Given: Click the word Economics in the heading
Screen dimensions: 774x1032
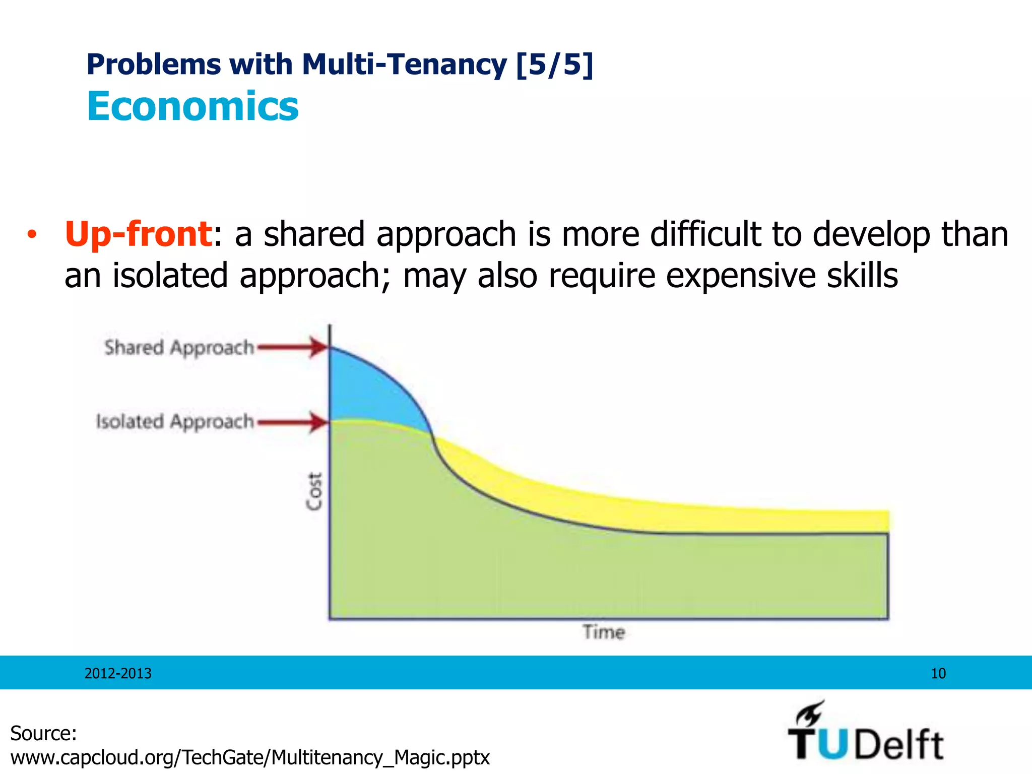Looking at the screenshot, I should (x=192, y=106).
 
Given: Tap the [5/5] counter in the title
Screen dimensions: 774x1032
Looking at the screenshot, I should (x=554, y=64).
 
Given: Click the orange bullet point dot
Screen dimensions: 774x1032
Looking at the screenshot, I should (x=32, y=235).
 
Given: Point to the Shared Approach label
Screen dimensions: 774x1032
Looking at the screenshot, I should (x=179, y=348).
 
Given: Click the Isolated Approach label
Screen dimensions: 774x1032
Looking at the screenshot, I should (x=175, y=421).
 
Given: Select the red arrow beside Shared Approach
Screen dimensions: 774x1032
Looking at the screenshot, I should (x=292, y=347).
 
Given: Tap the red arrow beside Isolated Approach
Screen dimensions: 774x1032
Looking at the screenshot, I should (x=292, y=422).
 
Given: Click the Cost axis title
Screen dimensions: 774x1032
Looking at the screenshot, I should (x=314, y=491).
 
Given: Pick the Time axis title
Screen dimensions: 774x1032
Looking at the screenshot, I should (x=604, y=632).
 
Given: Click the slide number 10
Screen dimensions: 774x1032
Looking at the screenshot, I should (x=938, y=673).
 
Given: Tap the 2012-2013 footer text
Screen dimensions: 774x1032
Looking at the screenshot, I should (x=118, y=673).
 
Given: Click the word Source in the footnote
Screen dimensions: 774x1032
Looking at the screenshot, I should (x=43, y=733).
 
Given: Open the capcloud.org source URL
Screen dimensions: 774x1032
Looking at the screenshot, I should (x=250, y=757).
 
